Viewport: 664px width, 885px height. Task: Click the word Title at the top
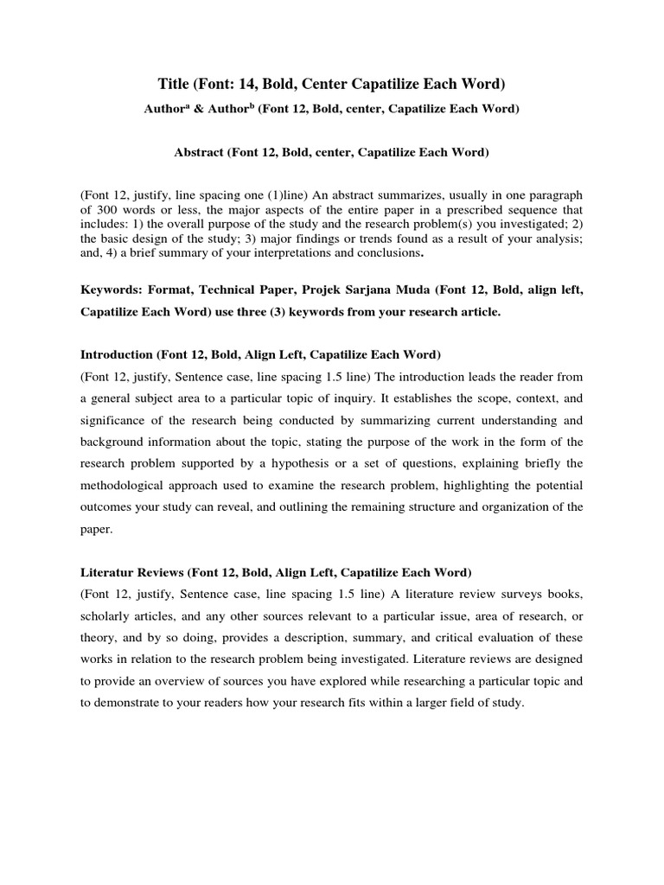pos(175,84)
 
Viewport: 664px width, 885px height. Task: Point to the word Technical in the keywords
pos(211,291)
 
